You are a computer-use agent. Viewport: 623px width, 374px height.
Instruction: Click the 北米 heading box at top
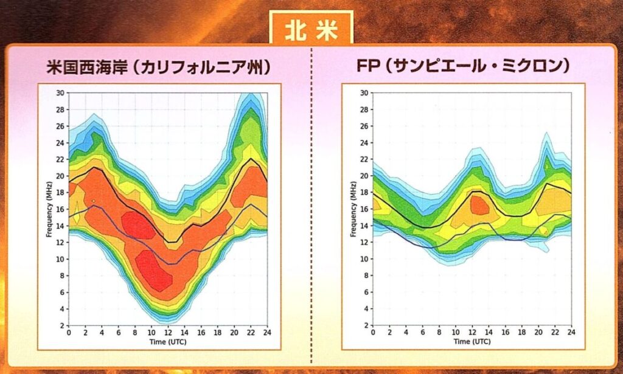[311, 31]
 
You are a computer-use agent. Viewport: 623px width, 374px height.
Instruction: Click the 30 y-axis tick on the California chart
[60, 93]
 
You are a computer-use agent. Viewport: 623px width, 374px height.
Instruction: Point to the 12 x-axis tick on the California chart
[168, 333]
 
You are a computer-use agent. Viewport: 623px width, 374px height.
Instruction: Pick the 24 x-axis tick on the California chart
[267, 333]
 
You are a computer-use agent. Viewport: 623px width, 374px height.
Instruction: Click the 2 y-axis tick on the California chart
[62, 325]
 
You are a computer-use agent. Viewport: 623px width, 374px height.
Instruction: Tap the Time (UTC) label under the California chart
[168, 342]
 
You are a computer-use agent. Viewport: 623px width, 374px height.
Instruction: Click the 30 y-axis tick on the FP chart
[364, 93]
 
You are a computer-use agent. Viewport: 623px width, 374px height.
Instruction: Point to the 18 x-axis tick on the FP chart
[521, 333]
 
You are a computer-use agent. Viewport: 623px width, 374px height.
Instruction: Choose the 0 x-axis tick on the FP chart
[373, 333]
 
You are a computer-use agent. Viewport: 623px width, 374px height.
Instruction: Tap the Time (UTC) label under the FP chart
[472, 342]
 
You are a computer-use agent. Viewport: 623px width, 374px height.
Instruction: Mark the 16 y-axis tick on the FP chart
[364, 209]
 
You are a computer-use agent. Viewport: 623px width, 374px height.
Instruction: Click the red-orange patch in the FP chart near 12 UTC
[480, 206]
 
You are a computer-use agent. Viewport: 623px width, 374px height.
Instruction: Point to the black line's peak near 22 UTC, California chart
[251, 159]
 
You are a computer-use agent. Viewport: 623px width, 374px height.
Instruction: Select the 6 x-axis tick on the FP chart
[422, 333]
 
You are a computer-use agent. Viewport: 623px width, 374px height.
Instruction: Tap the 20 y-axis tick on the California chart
[60, 176]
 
